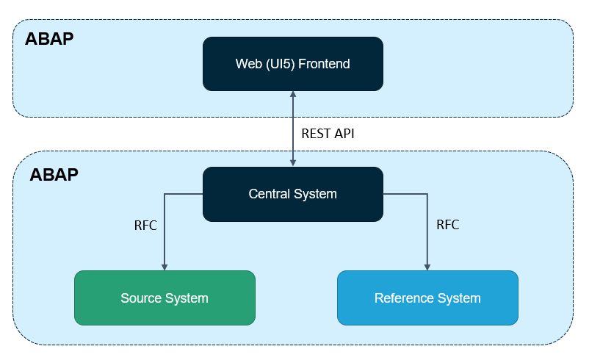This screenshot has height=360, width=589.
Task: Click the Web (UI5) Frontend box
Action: pos(292,64)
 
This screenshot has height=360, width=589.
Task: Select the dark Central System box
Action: pos(292,194)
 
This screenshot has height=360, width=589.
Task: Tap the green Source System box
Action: pos(165,298)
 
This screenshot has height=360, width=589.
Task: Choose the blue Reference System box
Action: pos(427,298)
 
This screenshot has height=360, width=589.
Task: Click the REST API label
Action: pos(328,134)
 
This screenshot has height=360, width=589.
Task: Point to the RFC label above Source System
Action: pos(145,225)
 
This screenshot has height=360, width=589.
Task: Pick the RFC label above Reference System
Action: pos(447,225)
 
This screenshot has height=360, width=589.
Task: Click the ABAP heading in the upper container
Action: pos(49,39)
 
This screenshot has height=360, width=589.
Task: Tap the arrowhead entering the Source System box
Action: pos(165,267)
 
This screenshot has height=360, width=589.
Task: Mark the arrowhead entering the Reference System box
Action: pos(427,267)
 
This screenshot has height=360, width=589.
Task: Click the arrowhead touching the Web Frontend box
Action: pos(293,96)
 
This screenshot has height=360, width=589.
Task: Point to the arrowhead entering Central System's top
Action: pos(293,163)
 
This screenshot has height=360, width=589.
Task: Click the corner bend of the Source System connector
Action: pos(165,194)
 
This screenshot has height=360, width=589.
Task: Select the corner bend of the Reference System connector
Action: pos(427,194)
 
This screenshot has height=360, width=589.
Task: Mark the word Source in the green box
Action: pos(140,298)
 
